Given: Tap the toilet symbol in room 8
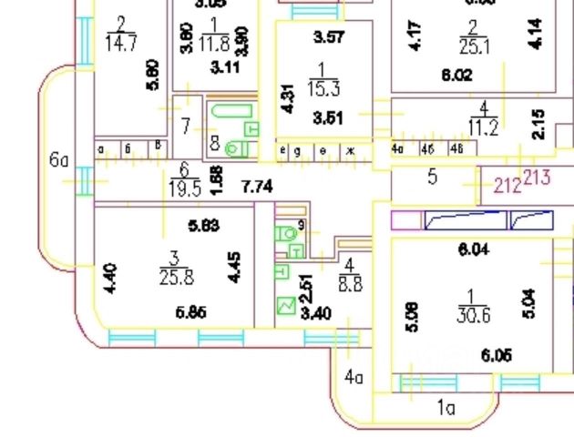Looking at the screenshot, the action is point(237,147).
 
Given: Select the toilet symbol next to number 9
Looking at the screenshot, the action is point(290,233).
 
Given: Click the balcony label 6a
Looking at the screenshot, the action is point(59,161).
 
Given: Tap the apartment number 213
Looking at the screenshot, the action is point(537,177).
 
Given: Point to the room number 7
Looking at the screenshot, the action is point(185,127).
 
